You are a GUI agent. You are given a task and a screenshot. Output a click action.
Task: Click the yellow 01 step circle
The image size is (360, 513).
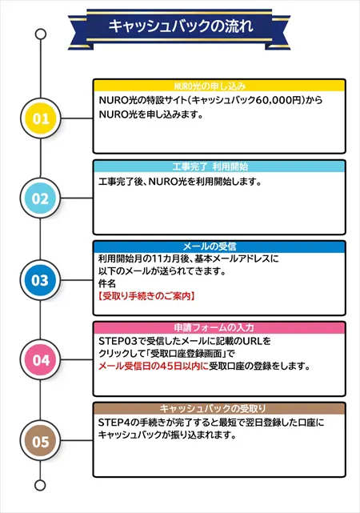pos(41,118)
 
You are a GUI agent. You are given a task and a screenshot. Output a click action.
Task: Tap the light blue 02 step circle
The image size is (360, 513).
pos(40,198)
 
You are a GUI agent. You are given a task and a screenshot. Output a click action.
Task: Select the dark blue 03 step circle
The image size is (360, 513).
pos(40,280)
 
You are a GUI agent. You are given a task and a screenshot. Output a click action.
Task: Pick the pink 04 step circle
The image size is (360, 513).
pos(41,360)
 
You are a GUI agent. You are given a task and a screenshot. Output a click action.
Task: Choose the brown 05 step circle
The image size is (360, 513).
pos(41,441)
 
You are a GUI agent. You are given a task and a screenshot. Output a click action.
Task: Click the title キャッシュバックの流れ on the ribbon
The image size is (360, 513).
pos(181,26)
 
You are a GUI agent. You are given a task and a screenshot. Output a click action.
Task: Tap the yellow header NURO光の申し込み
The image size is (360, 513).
pos(210,86)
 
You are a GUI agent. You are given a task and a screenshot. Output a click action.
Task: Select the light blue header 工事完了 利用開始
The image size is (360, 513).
pos(210,166)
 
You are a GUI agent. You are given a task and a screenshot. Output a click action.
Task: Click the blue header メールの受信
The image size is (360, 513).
pos(210,247)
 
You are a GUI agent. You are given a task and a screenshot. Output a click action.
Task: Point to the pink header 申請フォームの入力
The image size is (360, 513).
pos(214,328)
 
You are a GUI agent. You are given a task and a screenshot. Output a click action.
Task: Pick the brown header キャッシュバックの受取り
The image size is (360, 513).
pos(213,409)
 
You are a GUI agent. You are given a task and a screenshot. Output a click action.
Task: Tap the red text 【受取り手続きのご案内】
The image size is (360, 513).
pos(146,296)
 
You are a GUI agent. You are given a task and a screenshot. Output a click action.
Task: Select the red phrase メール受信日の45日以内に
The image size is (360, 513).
pos(154,366)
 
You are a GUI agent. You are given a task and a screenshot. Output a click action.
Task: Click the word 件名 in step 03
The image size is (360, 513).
pos(107,283)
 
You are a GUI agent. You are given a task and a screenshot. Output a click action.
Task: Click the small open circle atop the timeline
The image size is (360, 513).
pos(41,34)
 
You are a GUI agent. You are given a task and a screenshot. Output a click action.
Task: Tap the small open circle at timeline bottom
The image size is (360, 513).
pos(40,485)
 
